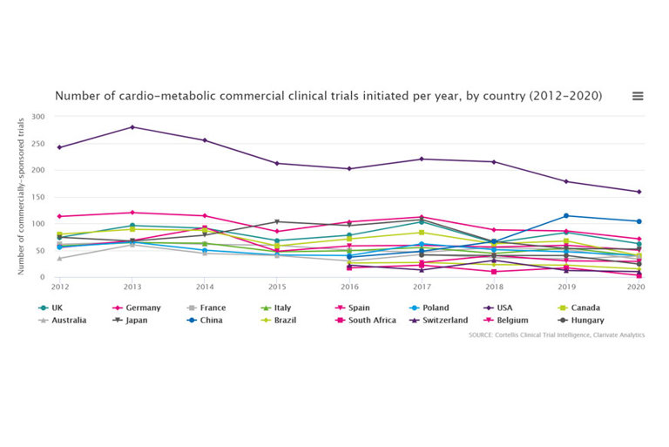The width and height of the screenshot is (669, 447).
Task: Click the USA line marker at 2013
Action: [132, 127]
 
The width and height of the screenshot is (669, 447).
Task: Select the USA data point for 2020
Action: [639, 192]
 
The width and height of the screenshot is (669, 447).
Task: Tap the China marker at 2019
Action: [566, 216]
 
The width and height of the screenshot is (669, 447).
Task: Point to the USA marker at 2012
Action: [60, 147]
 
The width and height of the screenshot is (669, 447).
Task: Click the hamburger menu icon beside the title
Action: [638, 97]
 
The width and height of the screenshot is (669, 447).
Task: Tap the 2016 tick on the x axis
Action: [349, 286]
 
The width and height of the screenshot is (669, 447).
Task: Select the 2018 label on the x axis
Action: [494, 286]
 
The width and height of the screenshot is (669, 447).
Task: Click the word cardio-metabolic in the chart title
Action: [152, 96]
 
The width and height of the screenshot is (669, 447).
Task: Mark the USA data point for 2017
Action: [422, 159]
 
